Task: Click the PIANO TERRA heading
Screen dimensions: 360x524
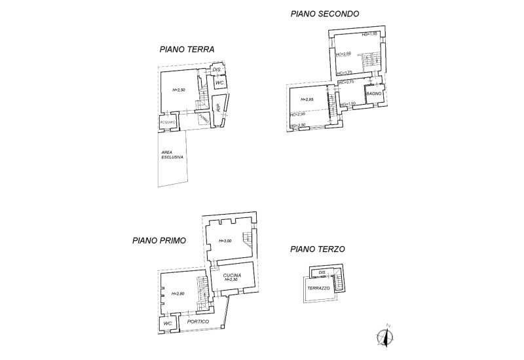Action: click(187, 49)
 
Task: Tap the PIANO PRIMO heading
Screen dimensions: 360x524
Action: click(159, 240)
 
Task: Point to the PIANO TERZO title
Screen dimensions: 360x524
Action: click(317, 249)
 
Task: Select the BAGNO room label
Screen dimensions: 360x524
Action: click(374, 95)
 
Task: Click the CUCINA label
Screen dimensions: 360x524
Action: click(232, 275)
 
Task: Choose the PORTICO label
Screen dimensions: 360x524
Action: click(198, 321)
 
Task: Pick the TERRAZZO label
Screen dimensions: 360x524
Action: click(320, 288)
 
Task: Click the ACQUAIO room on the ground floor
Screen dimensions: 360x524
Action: click(168, 122)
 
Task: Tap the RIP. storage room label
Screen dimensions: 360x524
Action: click(218, 106)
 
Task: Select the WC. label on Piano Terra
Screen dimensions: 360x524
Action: click(220, 83)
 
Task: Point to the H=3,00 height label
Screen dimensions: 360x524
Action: click(222, 242)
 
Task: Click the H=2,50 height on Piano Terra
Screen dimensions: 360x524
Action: click(179, 90)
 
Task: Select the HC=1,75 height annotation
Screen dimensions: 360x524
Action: click(345, 72)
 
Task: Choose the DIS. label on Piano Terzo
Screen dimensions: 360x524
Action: click(322, 272)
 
